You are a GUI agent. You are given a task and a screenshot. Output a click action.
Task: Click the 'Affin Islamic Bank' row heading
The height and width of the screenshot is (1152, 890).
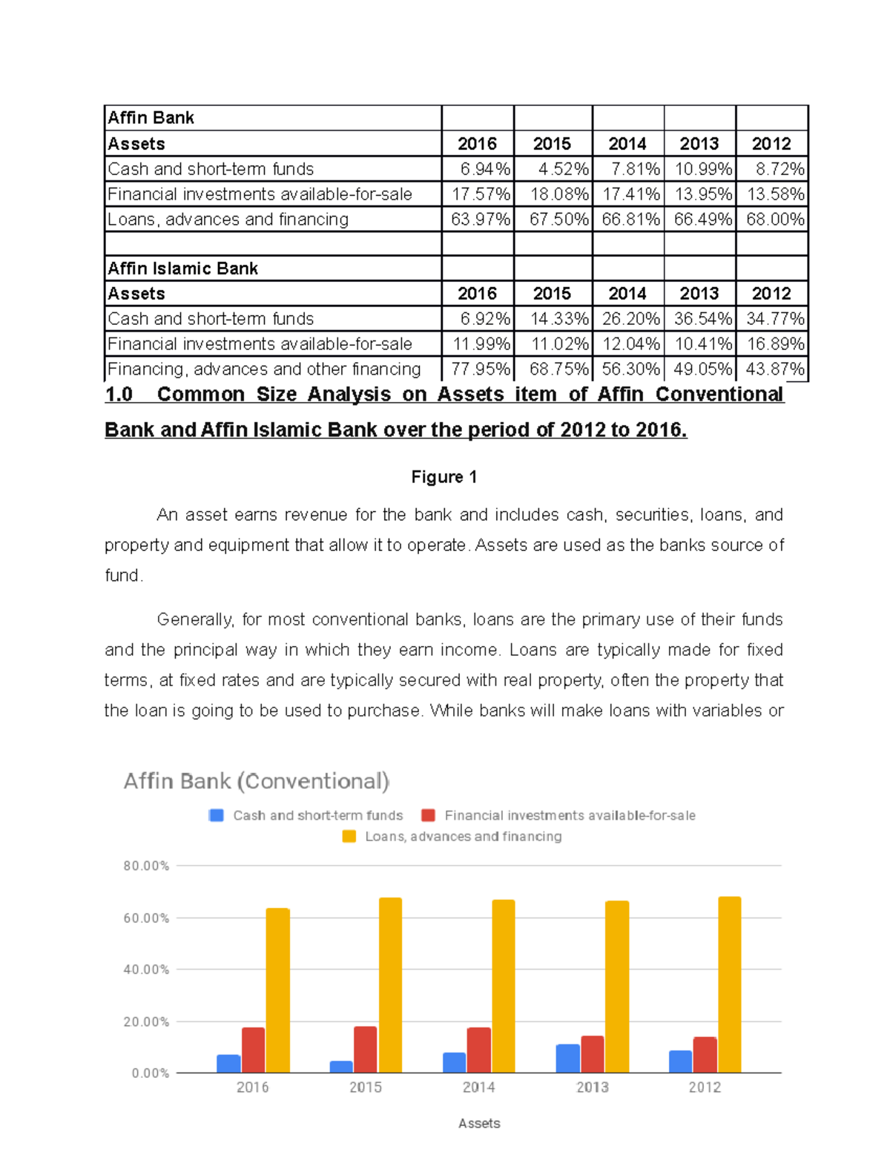point(182,269)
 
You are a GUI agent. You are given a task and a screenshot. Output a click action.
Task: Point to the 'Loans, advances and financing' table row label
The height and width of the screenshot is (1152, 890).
point(228,220)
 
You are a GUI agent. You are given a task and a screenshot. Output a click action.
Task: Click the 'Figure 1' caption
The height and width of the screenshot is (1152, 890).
point(444,477)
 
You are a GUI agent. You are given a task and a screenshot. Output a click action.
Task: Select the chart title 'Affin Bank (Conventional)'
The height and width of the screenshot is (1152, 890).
point(256,781)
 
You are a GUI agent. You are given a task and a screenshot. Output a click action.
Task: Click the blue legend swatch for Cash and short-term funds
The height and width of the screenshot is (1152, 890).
point(217,815)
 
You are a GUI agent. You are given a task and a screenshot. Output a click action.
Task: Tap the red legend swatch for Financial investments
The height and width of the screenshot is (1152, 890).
point(428,815)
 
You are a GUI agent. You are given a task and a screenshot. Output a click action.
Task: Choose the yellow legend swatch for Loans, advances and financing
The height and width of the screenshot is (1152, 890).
point(349,837)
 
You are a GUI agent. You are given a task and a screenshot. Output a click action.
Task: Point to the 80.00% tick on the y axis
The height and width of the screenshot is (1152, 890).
point(146,866)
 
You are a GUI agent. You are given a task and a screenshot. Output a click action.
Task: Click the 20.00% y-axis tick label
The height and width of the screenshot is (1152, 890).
point(146,1021)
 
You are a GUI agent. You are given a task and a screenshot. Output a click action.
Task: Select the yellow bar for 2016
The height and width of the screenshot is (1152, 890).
point(278,990)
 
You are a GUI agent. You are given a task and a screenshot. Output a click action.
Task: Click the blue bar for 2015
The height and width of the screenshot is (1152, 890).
point(341,1067)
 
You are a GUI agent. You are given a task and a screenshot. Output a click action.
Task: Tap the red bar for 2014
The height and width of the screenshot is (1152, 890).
point(479,1050)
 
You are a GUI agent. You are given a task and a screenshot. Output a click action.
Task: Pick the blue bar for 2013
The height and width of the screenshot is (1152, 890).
point(567,1059)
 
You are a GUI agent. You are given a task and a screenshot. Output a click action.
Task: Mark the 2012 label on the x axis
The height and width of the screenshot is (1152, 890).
point(704,1087)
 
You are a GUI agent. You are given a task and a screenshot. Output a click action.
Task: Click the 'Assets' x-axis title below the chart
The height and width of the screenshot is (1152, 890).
point(479,1123)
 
